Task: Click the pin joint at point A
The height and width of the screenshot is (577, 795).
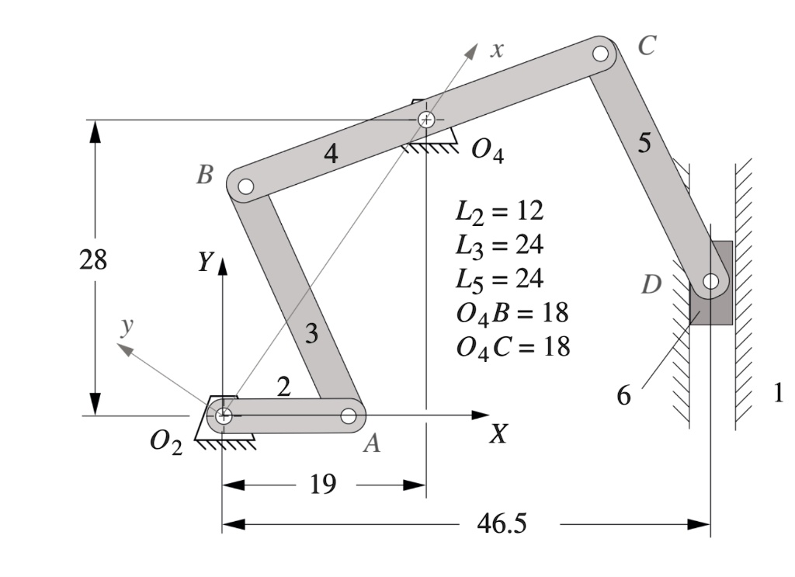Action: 349,416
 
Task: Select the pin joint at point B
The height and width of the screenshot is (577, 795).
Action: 245,186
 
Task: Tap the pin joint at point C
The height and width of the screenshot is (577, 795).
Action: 600,54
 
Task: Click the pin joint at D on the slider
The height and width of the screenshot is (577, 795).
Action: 710,281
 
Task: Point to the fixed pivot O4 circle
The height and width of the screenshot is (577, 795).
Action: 425,120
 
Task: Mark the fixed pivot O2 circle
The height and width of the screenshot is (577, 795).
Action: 224,415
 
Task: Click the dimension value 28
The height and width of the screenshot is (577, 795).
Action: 93,260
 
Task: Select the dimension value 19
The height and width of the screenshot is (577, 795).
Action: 323,485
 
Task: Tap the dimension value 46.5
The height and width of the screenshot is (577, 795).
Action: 501,524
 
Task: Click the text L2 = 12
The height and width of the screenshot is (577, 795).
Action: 498,211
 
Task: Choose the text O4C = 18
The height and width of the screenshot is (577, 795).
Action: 512,346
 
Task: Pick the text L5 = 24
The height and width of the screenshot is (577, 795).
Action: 498,278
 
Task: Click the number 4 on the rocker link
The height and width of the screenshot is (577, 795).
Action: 332,154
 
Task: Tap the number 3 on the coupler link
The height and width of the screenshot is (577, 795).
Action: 311,334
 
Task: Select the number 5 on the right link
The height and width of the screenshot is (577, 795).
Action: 645,144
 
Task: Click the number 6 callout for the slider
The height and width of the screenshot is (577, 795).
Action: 624,396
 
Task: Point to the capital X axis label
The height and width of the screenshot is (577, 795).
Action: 498,434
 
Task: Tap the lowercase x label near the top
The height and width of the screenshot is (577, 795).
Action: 497,50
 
